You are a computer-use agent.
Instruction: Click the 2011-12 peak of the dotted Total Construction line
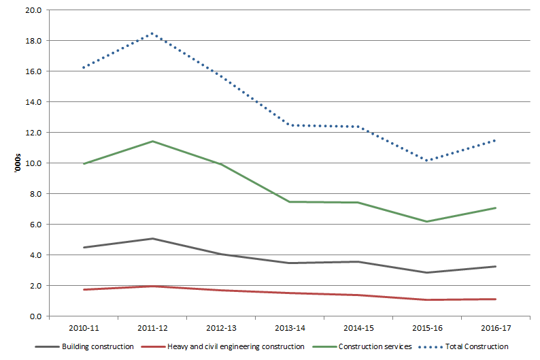tap(152, 33)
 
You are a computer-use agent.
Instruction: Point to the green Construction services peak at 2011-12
tap(152, 141)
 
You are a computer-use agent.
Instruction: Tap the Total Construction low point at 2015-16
tap(426, 161)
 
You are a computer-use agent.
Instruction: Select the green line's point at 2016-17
tap(495, 208)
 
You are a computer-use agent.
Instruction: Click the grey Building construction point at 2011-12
tap(152, 238)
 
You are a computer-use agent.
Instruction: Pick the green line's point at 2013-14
tap(290, 201)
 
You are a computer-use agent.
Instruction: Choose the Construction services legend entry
tap(378, 346)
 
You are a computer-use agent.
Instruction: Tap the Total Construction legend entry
tap(475, 346)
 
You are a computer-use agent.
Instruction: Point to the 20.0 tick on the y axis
tap(33, 10)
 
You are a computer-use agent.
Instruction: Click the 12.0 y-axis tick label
tap(33, 133)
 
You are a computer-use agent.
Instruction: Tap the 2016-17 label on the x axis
tap(495, 327)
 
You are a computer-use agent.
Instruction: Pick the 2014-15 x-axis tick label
tap(358, 327)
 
